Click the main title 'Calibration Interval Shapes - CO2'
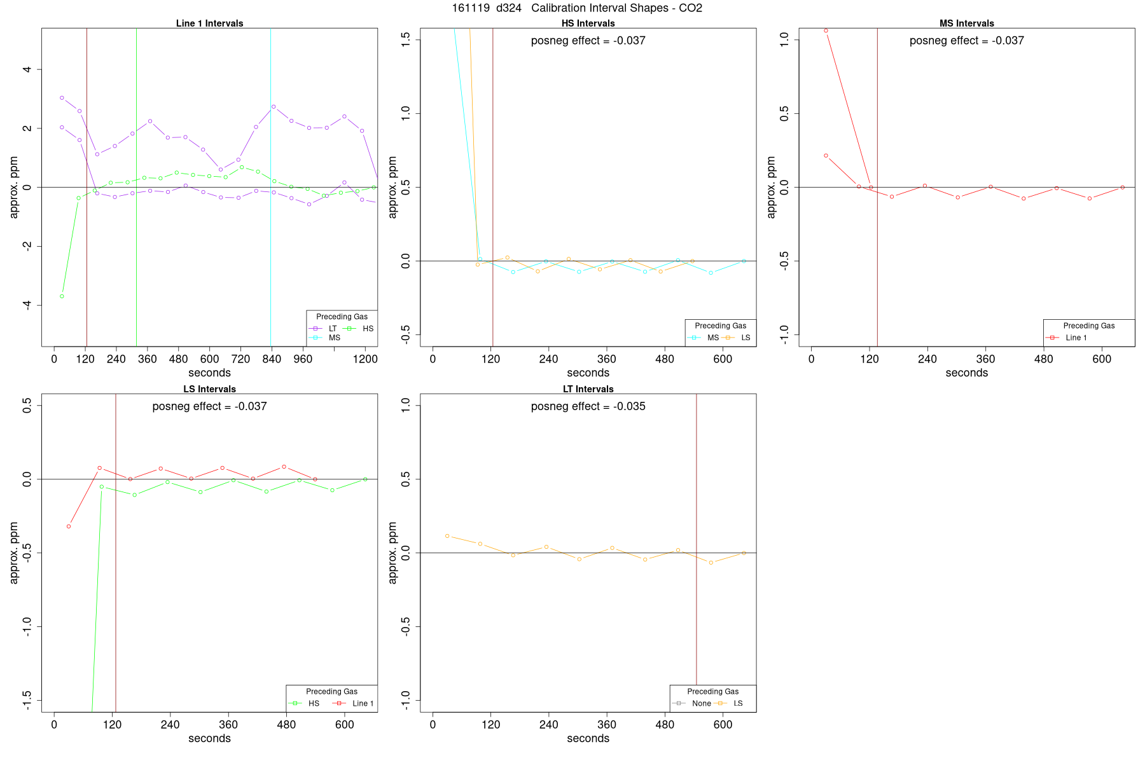(x=616, y=8)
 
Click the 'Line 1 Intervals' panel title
(x=209, y=24)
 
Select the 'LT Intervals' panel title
(x=588, y=389)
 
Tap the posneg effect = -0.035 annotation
(x=588, y=406)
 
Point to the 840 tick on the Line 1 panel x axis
(x=272, y=359)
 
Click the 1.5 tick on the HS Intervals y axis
(x=405, y=40)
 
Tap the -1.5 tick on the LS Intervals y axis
(x=27, y=701)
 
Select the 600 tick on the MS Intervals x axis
(x=1102, y=359)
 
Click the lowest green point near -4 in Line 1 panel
(x=62, y=296)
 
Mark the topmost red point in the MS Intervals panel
(x=826, y=31)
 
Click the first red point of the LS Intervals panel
(x=69, y=526)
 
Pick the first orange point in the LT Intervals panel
(x=447, y=536)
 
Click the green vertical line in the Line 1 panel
(x=136, y=191)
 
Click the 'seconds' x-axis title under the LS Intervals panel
(x=209, y=739)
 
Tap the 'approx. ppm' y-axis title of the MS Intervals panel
(x=772, y=187)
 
